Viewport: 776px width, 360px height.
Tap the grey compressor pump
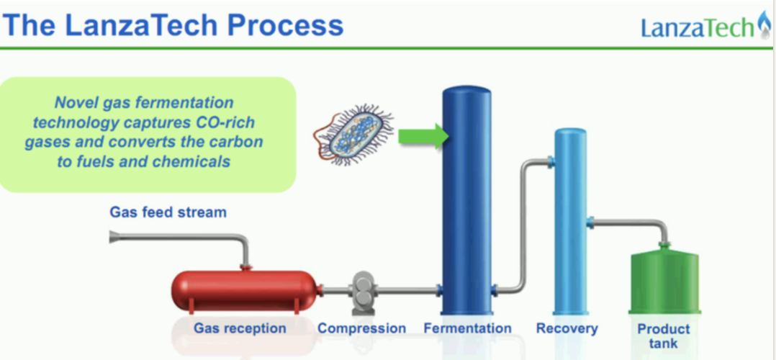(363, 293)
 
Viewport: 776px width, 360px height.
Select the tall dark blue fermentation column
(466, 201)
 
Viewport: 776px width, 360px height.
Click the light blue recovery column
(571, 221)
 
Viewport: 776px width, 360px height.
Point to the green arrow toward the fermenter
(423, 136)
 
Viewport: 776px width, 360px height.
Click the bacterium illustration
(353, 135)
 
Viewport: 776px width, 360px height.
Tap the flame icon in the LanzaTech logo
(764, 24)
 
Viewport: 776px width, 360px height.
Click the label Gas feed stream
(168, 212)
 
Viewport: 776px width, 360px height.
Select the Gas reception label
(240, 328)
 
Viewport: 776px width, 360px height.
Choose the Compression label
(361, 328)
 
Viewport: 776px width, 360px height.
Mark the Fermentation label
(467, 328)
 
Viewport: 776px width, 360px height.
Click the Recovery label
(567, 328)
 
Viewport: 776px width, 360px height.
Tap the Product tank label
(663, 336)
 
